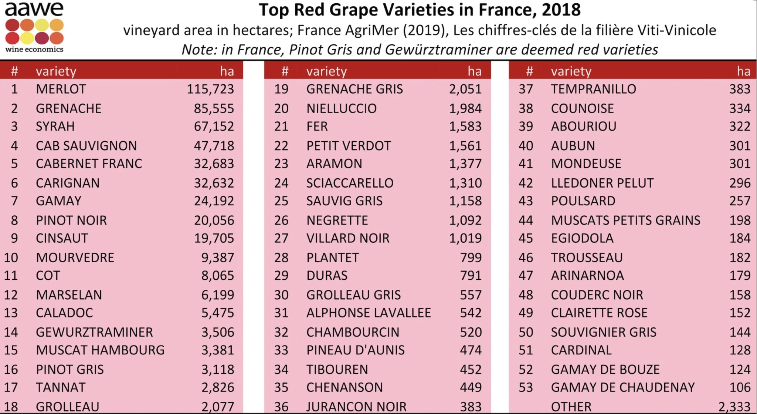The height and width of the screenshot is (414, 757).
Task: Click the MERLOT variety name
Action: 61,89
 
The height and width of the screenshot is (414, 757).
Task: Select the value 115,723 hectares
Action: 210,89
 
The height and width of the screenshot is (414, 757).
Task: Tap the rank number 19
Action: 281,89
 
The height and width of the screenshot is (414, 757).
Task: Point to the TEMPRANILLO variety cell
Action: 593,89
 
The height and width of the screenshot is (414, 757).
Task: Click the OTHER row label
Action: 571,407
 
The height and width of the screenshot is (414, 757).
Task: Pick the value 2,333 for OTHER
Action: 734,407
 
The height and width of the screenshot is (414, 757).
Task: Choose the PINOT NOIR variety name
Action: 71,221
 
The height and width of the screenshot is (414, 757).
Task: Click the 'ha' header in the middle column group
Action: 474,71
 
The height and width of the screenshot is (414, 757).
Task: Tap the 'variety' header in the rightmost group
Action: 571,71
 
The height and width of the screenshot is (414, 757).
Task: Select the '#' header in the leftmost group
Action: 14,71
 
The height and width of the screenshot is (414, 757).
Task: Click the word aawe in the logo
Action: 34,9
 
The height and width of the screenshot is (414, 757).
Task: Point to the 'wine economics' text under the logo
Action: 34,50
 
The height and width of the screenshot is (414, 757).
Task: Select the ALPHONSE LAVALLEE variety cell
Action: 369,313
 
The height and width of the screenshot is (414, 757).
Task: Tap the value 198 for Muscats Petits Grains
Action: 740,221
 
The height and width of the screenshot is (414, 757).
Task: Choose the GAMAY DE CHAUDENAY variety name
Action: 623,387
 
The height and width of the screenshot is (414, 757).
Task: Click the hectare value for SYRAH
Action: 214,127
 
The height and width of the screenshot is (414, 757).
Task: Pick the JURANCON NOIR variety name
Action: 356,407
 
